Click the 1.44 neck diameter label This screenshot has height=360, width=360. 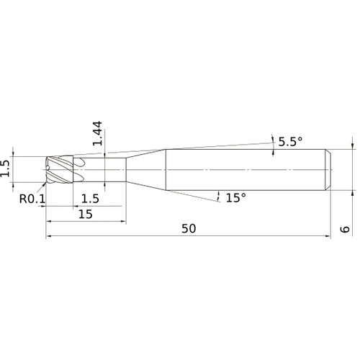[97, 133]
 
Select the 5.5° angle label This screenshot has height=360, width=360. [290, 142]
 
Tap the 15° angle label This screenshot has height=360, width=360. [236, 197]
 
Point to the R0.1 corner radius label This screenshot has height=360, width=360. [32, 199]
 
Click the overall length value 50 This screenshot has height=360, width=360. [189, 228]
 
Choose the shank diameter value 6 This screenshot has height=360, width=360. [345, 229]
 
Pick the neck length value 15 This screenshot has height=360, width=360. [86, 214]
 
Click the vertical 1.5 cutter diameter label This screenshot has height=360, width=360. [5, 168]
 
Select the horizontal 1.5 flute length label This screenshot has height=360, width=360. [90, 199]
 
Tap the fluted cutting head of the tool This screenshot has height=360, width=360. [60, 170]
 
